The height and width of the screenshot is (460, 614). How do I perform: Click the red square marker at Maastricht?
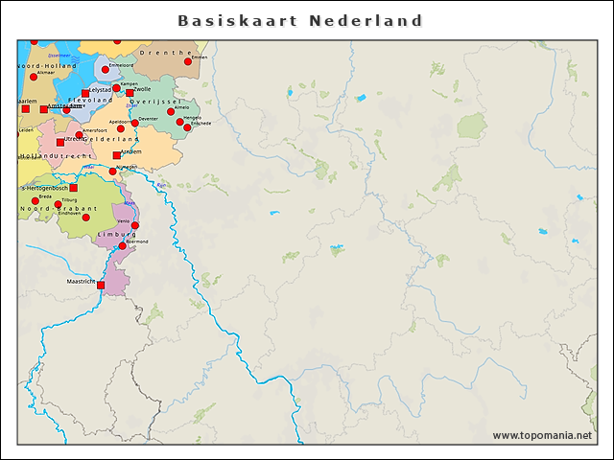click(101, 285)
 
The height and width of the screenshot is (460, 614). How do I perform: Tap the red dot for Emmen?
click(188, 62)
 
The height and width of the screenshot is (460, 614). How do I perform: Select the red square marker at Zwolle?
click(130, 93)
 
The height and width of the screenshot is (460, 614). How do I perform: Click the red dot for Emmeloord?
click(106, 69)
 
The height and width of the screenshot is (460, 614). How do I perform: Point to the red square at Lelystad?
click(85, 93)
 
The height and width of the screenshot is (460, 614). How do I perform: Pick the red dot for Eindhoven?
click(85, 218)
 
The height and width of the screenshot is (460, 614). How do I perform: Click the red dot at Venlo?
click(135, 225)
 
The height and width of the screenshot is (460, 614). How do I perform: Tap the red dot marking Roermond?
click(122, 246)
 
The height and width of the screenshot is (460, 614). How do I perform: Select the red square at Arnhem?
click(116, 155)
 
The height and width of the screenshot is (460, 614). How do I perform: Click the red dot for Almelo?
click(171, 112)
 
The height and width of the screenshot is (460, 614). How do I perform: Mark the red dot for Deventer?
click(134, 123)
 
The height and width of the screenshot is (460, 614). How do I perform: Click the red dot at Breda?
click(35, 200)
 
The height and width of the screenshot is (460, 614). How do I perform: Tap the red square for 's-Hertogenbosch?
click(73, 188)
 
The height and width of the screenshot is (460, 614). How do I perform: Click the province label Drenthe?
click(161, 53)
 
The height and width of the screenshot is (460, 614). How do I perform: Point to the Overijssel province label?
click(154, 101)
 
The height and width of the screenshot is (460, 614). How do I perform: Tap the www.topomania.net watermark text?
click(542, 435)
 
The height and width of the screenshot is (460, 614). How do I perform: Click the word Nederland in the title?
click(366, 20)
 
